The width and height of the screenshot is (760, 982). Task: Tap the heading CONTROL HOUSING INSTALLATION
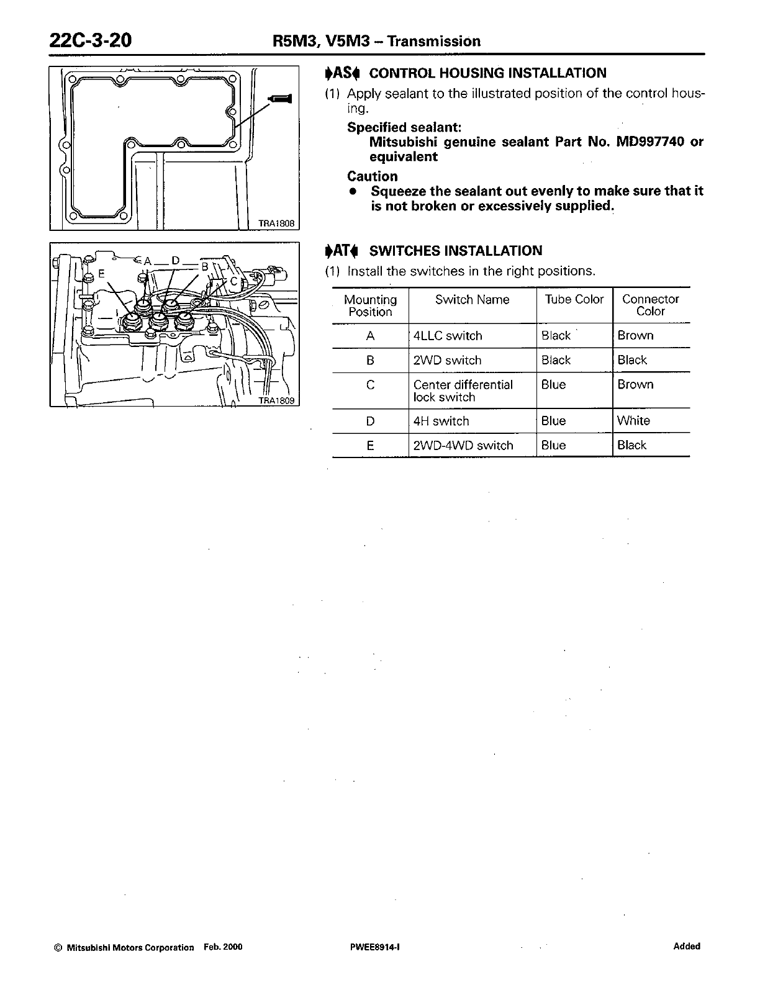(x=487, y=73)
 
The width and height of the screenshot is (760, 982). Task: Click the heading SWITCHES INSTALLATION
(x=455, y=251)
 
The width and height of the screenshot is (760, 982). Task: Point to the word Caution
(x=373, y=176)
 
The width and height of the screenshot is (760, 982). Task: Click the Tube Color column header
(x=574, y=299)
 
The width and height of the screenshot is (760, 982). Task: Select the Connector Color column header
(x=650, y=305)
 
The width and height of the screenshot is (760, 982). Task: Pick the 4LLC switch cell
(x=448, y=336)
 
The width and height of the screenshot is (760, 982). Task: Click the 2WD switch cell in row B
(x=447, y=360)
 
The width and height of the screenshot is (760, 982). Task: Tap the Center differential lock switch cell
(x=463, y=390)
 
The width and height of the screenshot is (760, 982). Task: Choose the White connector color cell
(x=633, y=421)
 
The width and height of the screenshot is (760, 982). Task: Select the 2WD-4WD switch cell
(x=463, y=445)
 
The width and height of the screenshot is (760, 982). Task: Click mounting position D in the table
(x=370, y=421)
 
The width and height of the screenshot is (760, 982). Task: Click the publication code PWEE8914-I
(x=378, y=947)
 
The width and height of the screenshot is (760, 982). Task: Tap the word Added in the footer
(x=686, y=946)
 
